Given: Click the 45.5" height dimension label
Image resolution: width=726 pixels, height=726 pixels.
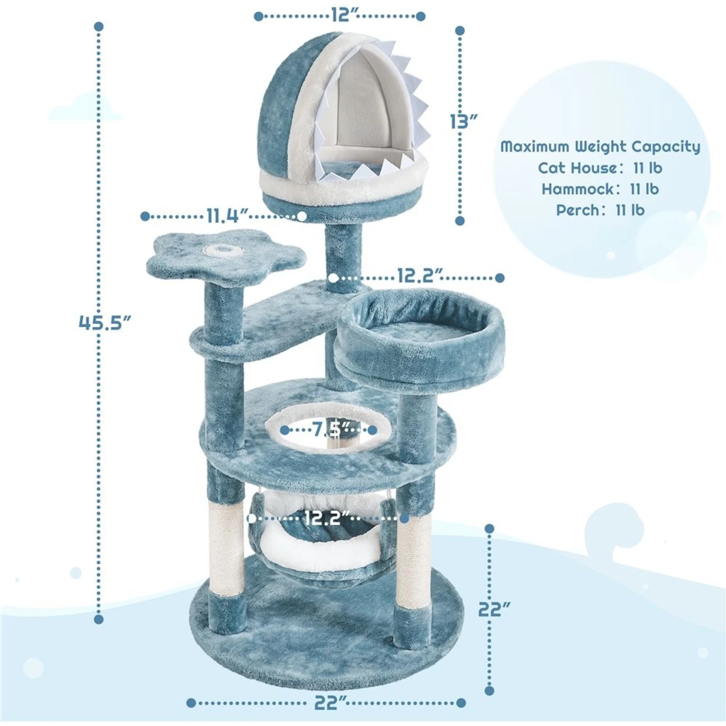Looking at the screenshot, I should (x=105, y=322).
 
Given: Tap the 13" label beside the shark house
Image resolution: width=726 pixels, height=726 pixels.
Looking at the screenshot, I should (x=464, y=121).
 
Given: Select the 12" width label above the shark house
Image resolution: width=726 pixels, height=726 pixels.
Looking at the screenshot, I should (x=340, y=15).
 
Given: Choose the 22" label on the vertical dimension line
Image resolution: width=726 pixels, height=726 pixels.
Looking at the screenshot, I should (x=494, y=609).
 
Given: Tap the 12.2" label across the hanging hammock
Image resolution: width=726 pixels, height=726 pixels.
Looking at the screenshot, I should (x=325, y=519).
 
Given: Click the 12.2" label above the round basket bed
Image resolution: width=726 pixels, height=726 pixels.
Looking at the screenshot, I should (x=419, y=277).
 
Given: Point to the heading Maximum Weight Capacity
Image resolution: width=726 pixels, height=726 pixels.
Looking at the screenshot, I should (x=600, y=146).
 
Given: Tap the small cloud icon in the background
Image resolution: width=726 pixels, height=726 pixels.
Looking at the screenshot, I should (x=85, y=107).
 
